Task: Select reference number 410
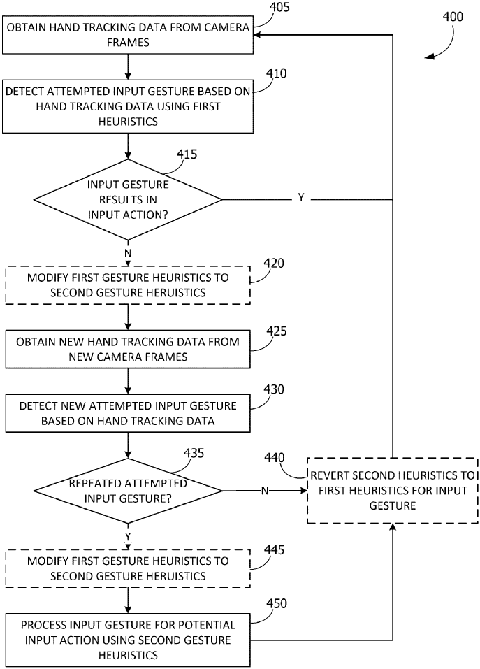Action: coord(277,73)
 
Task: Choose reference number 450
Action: coord(277,603)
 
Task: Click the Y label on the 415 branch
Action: coord(301,199)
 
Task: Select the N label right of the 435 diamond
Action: coord(265,491)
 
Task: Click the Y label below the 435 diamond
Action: coord(127,537)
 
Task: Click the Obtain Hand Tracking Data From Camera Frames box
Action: coord(128,36)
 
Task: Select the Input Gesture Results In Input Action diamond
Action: coord(128,199)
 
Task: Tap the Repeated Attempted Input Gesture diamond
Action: coord(128,491)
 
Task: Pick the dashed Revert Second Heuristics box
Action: coord(393,491)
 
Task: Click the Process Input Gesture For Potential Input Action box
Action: coord(128,640)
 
